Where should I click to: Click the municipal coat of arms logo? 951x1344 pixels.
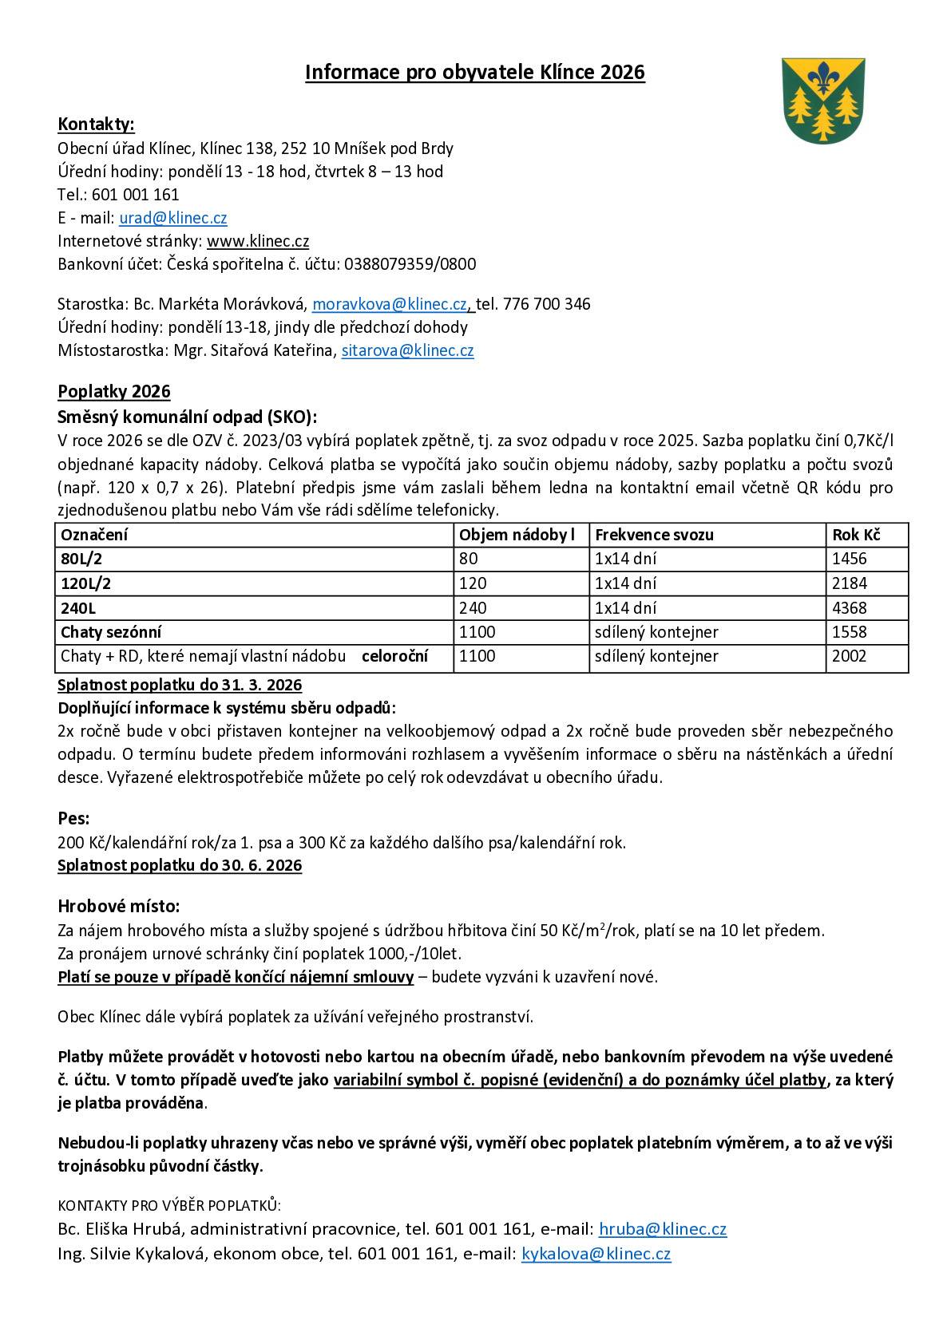pyautogui.click(x=822, y=99)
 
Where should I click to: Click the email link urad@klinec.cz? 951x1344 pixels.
pyautogui.click(x=173, y=218)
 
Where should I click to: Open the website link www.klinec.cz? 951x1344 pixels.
pyautogui.click(x=258, y=241)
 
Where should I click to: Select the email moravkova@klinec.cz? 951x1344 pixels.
pyautogui.click(x=390, y=304)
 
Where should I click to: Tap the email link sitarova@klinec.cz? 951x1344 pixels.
pyautogui.click(x=407, y=350)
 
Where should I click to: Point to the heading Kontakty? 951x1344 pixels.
pyautogui.click(x=96, y=124)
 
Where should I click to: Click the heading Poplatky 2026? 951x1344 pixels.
pyautogui.click(x=113, y=391)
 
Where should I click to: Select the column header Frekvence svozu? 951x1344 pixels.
pyautogui.click(x=654, y=535)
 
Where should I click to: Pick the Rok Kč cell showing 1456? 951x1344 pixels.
pyautogui.click(x=849, y=559)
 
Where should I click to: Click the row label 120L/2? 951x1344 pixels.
pyautogui.click(x=85, y=583)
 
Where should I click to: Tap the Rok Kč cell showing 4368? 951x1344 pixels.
pyautogui.click(x=849, y=608)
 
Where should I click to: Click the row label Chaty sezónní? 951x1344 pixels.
pyautogui.click(x=111, y=632)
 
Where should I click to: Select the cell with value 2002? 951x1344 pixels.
pyautogui.click(x=849, y=656)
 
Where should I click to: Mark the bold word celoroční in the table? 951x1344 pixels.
pyautogui.click(x=394, y=656)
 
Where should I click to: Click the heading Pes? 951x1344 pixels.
pyautogui.click(x=73, y=818)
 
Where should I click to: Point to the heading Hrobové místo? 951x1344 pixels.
pyautogui.click(x=118, y=906)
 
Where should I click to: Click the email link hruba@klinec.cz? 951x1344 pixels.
pyautogui.click(x=662, y=1229)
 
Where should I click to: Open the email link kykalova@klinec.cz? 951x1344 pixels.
pyautogui.click(x=596, y=1254)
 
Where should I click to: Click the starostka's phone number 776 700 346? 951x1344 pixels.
pyautogui.click(x=546, y=304)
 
